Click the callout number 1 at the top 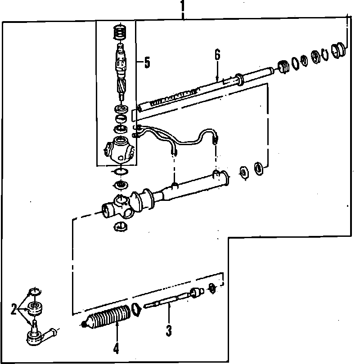(182, 6)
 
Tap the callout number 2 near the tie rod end (14, 309)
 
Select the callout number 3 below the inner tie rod (169, 332)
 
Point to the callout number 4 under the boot (116, 348)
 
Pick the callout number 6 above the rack (217, 55)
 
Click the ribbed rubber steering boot (109, 316)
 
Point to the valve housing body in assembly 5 (119, 150)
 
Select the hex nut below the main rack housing (118, 226)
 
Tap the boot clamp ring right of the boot (135, 309)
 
